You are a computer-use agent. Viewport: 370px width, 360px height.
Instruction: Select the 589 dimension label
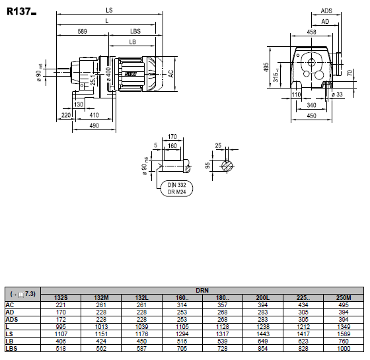pyautogui.click(x=83, y=31)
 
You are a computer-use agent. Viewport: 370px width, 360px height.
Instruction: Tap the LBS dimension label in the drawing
pyautogui.click(x=135, y=31)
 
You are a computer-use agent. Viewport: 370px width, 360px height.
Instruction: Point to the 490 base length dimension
pyautogui.click(x=94, y=126)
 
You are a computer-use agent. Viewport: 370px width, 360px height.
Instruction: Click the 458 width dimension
pyautogui.click(x=311, y=32)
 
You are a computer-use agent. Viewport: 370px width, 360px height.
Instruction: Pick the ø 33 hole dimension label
pyautogui.click(x=337, y=94)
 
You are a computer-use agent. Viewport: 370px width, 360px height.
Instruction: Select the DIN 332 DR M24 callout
pyautogui.click(x=176, y=188)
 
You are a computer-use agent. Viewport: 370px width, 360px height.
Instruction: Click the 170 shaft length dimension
pyautogui.click(x=172, y=137)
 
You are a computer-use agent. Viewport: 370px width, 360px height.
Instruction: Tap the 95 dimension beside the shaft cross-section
pyautogui.click(x=207, y=165)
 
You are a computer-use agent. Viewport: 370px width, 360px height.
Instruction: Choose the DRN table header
pyautogui.click(x=202, y=290)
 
